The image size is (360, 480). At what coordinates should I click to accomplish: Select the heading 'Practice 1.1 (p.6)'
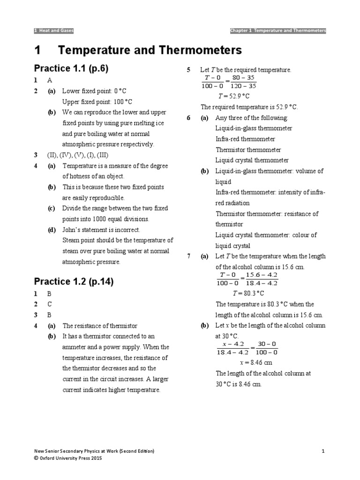pos(71,68)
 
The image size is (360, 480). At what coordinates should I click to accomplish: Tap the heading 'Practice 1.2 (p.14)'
pos(74,281)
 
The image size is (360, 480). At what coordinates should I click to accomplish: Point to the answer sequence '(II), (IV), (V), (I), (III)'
pos(80,155)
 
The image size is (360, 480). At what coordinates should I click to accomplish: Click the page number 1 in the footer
pos(323,451)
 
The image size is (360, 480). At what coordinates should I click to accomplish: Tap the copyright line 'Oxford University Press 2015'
pos(70,458)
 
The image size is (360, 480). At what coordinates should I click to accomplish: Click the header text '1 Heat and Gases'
pos(54,30)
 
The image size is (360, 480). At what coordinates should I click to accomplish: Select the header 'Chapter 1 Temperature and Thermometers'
pos(277,30)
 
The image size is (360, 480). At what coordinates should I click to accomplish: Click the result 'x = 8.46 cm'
pos(256,362)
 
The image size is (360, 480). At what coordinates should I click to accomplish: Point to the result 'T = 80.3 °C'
pos(248,293)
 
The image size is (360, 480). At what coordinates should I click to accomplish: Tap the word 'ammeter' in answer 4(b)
pos(75,347)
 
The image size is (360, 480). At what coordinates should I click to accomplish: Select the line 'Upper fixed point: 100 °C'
pos(97,102)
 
